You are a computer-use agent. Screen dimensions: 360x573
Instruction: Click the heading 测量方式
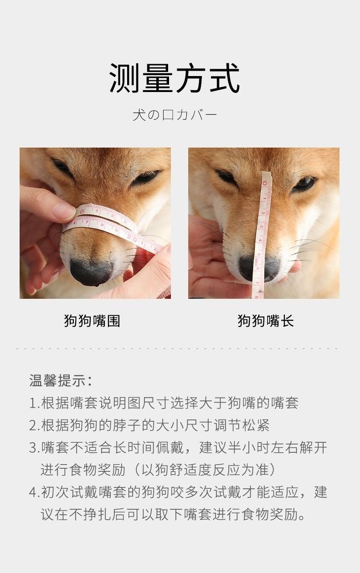tap(175, 78)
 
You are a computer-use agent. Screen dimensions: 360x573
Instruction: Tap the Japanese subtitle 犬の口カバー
tap(175, 115)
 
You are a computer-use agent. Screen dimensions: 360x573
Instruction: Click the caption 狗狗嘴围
tap(92, 321)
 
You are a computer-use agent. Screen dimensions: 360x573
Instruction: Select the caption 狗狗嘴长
tap(266, 321)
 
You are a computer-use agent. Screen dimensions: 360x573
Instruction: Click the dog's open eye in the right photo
tap(305, 184)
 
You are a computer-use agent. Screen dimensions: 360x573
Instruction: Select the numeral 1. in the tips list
tap(34, 404)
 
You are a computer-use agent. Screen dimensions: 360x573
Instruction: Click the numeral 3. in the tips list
tap(34, 448)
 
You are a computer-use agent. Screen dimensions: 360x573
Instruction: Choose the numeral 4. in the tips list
tap(34, 492)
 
